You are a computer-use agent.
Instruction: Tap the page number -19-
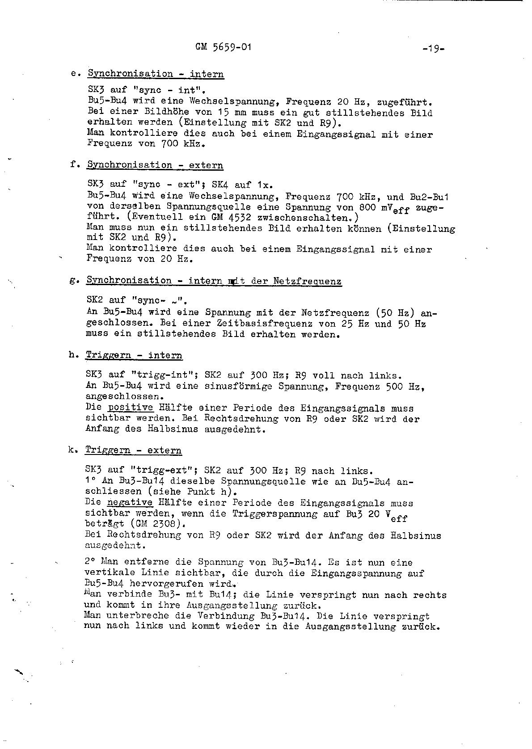433,49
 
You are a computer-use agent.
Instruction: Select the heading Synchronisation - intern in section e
156,74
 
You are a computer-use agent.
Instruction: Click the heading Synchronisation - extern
155,165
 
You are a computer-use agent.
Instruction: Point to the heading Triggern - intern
134,355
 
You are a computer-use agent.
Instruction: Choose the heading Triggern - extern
133,450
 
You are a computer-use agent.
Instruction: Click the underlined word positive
131,408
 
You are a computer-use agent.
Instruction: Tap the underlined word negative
130,503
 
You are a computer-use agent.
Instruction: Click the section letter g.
72,281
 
